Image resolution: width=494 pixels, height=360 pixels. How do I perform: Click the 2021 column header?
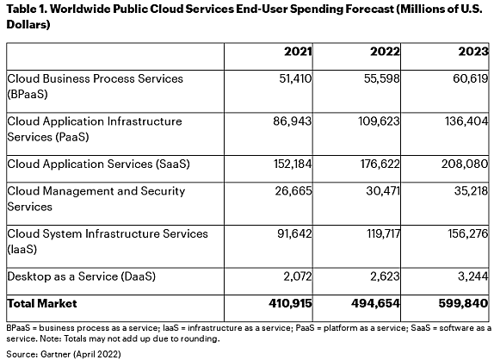[298, 52]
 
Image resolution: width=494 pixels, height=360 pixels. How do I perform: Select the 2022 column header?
[385, 52]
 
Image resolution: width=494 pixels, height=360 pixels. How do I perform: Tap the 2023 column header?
[473, 52]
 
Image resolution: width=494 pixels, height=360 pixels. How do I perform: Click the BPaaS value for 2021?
[295, 78]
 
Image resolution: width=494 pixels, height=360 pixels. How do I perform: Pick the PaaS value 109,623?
[379, 121]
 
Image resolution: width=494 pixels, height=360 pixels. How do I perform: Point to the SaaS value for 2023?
[465, 164]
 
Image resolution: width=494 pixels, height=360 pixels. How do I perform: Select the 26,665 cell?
[293, 191]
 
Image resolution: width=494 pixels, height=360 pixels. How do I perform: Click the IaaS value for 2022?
[383, 233]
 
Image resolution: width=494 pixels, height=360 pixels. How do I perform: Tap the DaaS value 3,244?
[472, 276]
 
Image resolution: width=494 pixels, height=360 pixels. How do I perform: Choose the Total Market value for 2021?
[290, 303]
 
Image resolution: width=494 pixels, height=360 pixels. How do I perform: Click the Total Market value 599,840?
[463, 303]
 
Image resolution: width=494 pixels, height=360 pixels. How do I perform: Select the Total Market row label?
[42, 303]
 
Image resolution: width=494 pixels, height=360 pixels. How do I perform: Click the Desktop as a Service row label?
[81, 276]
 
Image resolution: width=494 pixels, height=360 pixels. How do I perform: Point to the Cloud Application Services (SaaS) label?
[99, 164]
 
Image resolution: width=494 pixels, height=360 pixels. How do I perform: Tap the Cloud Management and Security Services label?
[96, 199]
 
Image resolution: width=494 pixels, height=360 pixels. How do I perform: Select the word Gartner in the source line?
[55, 354]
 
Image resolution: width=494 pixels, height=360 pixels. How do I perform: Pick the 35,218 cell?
[471, 191]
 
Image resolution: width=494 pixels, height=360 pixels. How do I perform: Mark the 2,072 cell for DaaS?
[298, 276]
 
